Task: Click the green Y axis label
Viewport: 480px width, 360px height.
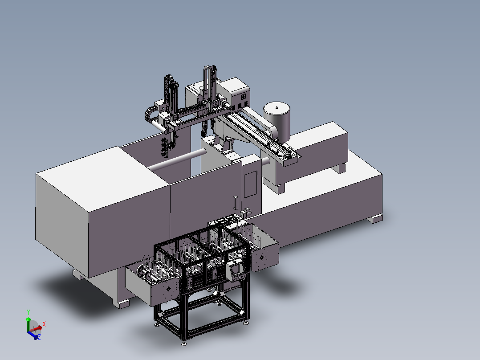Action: pos(28,312)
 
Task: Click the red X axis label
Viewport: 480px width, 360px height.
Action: pos(44,324)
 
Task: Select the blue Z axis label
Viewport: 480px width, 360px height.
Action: pos(39,338)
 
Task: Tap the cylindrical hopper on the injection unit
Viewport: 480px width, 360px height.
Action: pos(277,122)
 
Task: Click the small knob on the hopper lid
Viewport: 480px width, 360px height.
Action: pos(277,107)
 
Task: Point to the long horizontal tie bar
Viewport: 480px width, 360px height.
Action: pos(178,160)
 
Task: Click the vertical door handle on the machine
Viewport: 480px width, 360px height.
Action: pos(236,203)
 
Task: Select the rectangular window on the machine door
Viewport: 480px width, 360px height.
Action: pos(250,184)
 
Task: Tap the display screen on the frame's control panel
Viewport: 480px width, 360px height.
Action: pos(236,269)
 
